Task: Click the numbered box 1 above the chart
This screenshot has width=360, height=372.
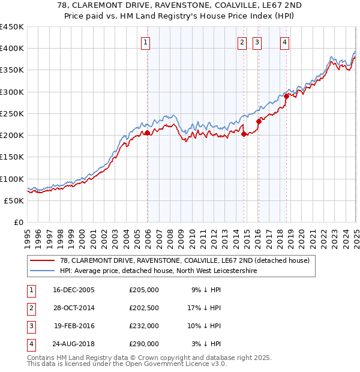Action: tap(146, 42)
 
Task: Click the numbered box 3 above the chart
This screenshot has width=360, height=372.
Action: tap(257, 42)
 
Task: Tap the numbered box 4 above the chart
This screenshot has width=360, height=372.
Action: tap(284, 42)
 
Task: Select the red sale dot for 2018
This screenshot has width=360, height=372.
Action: tap(287, 96)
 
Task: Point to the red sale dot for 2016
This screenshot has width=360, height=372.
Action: tap(259, 121)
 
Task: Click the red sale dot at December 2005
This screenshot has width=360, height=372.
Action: tap(148, 133)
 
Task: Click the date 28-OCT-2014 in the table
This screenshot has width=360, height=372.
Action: tap(74, 308)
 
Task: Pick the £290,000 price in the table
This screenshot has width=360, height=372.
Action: tap(144, 344)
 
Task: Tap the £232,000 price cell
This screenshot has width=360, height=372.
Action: tap(144, 326)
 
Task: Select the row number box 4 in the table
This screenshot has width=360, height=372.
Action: tap(31, 344)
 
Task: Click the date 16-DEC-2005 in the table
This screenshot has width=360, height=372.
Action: tap(74, 290)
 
